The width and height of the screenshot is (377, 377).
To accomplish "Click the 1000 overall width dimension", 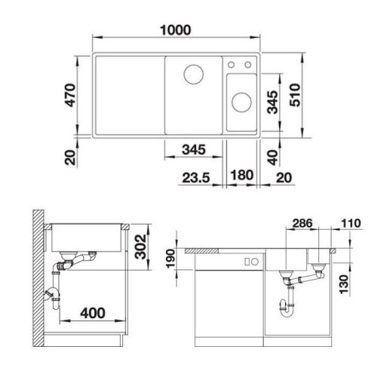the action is [x=176, y=30].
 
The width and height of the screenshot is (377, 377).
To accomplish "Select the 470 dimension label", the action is [x=70, y=95].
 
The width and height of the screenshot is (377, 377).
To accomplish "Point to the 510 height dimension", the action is [x=295, y=95].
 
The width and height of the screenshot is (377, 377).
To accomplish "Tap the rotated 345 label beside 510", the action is [x=272, y=102].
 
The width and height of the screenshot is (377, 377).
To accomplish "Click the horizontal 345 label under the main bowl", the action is [x=194, y=150].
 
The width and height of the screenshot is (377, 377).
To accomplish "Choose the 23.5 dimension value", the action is [x=196, y=178].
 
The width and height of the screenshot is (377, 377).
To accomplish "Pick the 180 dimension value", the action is [x=242, y=175].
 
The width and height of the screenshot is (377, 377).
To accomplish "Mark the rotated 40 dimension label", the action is [x=273, y=158].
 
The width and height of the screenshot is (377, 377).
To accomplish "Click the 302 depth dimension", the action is [x=140, y=247].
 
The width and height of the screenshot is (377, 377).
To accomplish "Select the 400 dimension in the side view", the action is [x=93, y=313].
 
